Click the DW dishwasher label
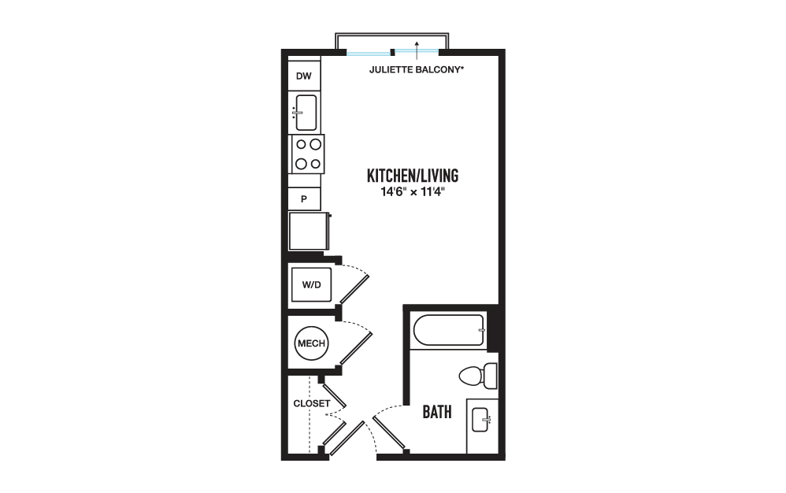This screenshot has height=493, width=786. (x=304, y=76)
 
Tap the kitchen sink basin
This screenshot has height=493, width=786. (x=306, y=113)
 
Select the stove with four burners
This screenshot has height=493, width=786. (x=308, y=154)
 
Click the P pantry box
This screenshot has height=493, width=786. (x=304, y=199)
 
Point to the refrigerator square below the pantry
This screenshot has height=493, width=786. (x=308, y=231)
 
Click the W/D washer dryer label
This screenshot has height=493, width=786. (x=311, y=284)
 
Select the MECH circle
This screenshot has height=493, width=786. (x=311, y=343)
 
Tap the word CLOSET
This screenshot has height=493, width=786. (x=312, y=403)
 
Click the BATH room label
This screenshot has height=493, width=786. (x=437, y=412)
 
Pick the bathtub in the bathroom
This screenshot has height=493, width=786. (x=449, y=330)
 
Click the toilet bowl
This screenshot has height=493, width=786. (x=471, y=376)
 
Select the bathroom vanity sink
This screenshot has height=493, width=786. (x=480, y=419)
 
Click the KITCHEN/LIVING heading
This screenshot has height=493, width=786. (x=413, y=176)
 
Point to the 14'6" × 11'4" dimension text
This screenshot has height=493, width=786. (x=413, y=192)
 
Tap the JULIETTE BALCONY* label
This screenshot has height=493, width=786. (x=417, y=70)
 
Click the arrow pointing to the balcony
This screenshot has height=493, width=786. (x=417, y=50)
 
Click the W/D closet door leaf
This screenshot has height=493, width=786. (x=355, y=289)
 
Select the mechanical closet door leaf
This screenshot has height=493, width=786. (x=357, y=349)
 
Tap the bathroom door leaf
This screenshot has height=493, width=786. (x=390, y=432)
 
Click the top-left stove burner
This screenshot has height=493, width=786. (x=302, y=145)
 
